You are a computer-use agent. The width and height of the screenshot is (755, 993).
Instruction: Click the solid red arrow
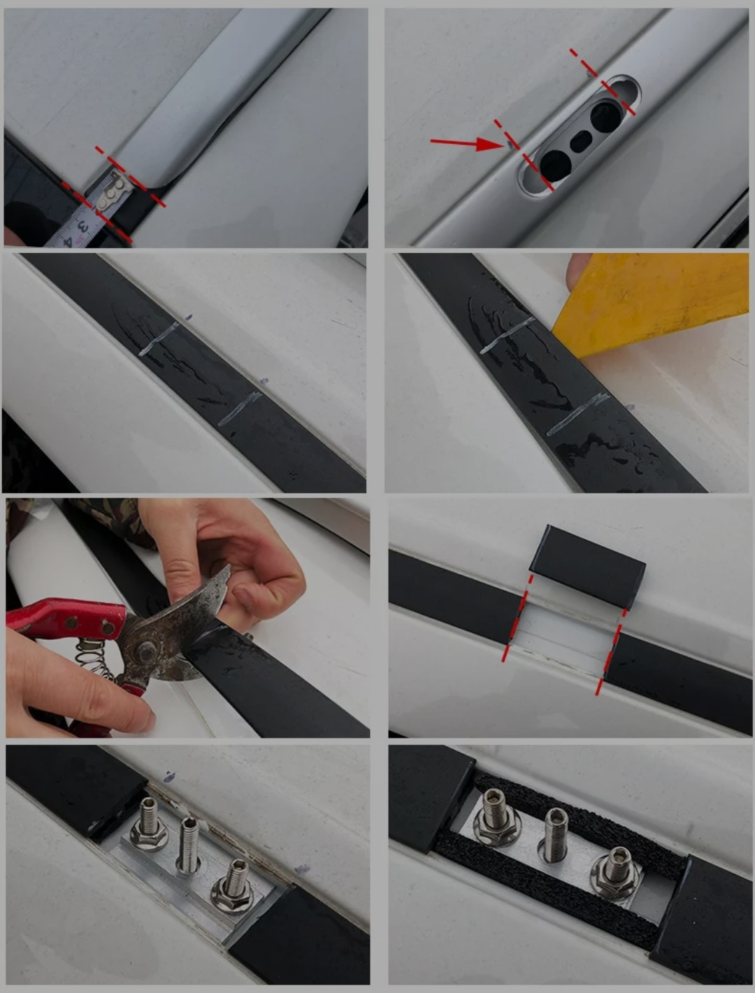[467, 143]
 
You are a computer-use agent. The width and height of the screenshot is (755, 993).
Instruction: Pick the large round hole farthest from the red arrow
[606, 117]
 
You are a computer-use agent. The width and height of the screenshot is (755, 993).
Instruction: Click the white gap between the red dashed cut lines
[563, 638]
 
